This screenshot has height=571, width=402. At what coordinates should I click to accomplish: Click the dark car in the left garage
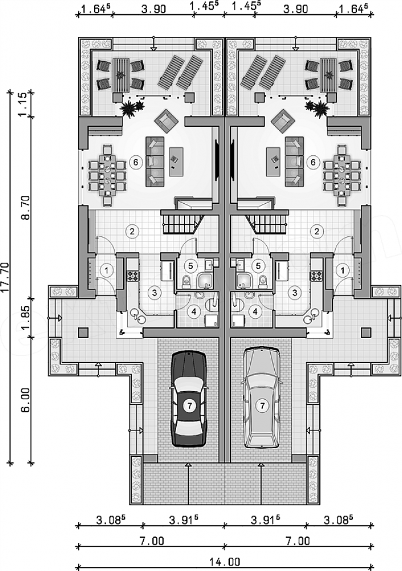coord(188,399)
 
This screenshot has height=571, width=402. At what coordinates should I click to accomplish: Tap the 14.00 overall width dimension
coord(225,562)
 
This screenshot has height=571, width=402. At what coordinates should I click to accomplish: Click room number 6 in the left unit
coord(135,162)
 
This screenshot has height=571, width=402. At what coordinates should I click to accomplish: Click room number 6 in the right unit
coord(313,162)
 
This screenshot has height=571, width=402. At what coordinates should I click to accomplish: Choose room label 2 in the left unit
coord(132,231)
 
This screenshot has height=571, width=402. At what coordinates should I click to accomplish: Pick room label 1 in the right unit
coord(342,270)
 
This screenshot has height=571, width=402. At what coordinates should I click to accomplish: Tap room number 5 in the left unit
coord(190,266)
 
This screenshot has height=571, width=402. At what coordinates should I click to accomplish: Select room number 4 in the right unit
coord(256,311)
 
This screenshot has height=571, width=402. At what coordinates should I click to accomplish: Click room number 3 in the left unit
coord(155,292)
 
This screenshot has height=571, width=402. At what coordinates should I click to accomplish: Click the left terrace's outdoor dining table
coord(120,75)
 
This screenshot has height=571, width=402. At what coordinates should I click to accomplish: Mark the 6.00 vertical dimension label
coord(26,400)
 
